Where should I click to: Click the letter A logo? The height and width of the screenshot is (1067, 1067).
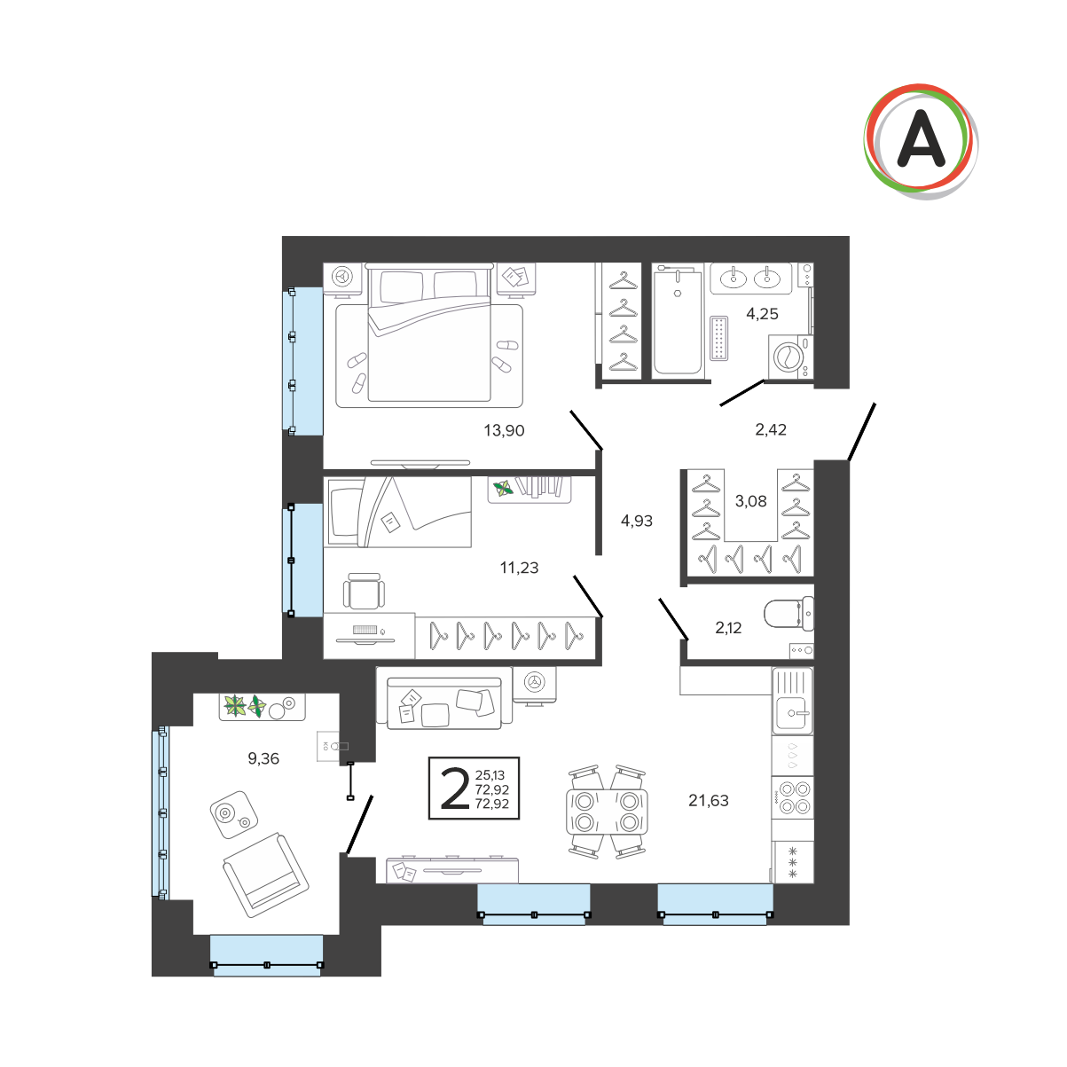(x=921, y=142)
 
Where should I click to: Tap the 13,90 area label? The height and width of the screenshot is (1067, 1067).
(x=504, y=430)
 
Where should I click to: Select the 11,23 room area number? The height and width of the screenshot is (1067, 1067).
(x=519, y=568)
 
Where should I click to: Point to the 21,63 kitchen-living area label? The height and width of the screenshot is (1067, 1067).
(x=708, y=800)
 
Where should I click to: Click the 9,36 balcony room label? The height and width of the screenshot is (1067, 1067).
(x=263, y=758)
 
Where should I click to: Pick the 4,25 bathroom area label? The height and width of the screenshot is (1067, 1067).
(x=762, y=314)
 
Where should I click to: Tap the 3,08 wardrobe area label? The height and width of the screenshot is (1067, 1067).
(x=750, y=501)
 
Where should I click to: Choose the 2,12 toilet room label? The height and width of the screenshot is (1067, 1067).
(x=728, y=627)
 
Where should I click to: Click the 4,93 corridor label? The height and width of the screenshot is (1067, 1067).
(x=636, y=521)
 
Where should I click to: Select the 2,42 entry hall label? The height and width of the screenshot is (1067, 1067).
(x=770, y=429)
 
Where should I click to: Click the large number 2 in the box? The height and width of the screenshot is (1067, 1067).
(x=455, y=789)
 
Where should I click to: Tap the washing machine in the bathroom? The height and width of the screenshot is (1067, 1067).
(x=790, y=357)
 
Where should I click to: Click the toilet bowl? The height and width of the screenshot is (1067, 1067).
(x=788, y=614)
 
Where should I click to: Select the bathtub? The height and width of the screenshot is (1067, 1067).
(x=678, y=320)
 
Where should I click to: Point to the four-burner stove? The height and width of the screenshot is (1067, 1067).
(x=794, y=798)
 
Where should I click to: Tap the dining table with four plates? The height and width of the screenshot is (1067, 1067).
(x=607, y=812)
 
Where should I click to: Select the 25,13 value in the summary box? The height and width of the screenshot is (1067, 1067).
(x=490, y=775)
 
